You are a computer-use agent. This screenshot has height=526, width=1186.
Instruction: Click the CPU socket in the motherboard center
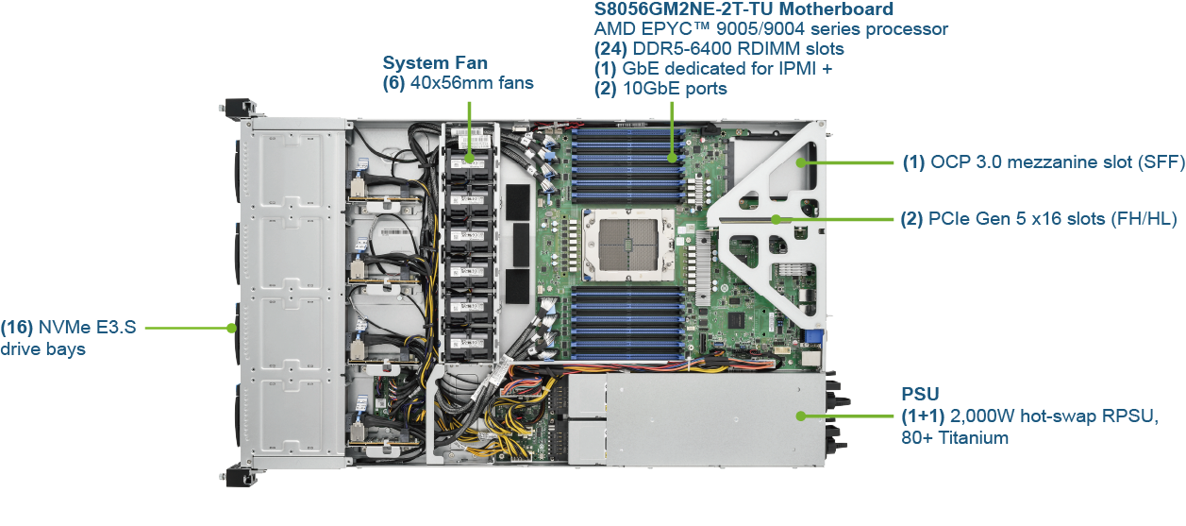coord(628,245)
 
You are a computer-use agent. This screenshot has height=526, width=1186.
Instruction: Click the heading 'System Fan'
coord(435,62)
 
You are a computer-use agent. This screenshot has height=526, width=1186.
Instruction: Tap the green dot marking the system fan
coord(469,158)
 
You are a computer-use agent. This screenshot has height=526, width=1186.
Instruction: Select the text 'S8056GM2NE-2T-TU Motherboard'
coord(743,9)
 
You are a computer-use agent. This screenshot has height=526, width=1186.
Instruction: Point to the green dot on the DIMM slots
coord(672,158)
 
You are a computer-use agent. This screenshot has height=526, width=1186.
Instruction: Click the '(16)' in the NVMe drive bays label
coord(17,328)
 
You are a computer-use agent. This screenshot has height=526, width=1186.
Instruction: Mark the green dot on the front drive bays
coord(231,329)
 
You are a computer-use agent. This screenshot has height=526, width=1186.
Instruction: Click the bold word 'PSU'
coord(920,394)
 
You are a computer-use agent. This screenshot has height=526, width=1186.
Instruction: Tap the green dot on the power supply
coord(801,416)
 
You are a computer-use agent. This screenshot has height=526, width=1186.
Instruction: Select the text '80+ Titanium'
coord(955,438)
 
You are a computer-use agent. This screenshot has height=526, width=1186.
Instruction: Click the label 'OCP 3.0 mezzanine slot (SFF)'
coord(1057,162)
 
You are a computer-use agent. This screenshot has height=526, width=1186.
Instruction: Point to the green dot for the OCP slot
coord(801,162)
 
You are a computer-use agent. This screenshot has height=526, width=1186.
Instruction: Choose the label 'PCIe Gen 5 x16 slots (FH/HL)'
coord(1052,219)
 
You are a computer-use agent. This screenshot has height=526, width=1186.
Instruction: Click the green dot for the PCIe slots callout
coord(776,219)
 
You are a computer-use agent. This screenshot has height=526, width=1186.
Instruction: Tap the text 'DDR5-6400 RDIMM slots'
coord(738,49)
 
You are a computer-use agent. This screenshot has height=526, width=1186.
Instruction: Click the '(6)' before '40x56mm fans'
coord(394,83)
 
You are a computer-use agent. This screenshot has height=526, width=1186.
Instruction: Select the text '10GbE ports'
coord(675,89)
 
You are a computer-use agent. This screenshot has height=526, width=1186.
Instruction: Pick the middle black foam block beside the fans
coord(521,245)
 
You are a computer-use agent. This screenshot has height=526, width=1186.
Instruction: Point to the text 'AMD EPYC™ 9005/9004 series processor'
coord(771,29)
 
